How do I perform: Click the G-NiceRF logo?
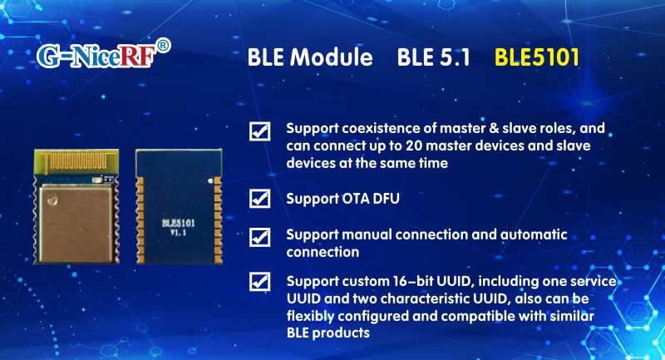[96, 56]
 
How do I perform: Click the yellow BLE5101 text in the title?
[536, 58]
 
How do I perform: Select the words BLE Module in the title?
[310, 58]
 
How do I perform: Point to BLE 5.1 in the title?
[434, 58]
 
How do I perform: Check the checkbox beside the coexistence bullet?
[260, 131]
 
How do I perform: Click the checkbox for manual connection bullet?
[260, 236]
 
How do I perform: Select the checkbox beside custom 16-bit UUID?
[260, 282]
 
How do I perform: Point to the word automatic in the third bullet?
[532, 234]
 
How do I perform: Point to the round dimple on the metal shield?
[52, 199]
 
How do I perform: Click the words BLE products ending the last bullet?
[328, 332]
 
